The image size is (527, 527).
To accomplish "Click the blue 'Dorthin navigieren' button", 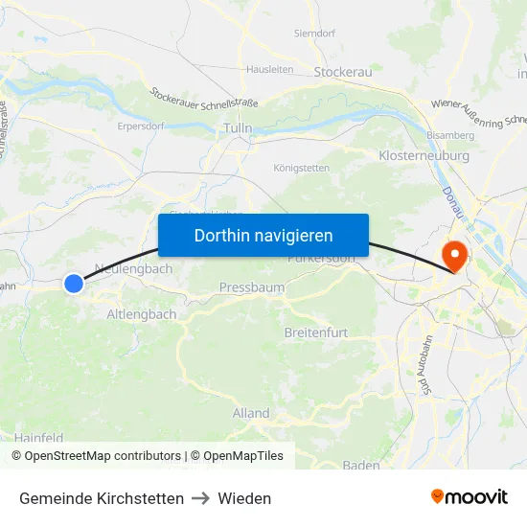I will pos(263,236).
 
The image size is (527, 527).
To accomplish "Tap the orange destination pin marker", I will pos(452,254).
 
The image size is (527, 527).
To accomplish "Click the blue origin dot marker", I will pos(74,284).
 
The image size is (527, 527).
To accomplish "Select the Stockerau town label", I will pos(343,71).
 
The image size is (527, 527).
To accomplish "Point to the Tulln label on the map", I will pos(237,128).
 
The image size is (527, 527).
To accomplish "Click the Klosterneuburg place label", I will pos(424,155).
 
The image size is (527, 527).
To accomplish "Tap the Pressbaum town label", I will pos(251,287).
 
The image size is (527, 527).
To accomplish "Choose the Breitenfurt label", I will pos(315,332).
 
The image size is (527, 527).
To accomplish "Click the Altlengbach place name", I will pos(142,314).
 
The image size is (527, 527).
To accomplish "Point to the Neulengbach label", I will pos(134,269).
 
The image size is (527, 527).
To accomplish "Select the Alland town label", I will pos(251,413).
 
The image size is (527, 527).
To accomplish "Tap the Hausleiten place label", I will pos(269,69).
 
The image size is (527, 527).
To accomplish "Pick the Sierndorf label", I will pos(314,33).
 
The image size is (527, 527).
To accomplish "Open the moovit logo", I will pos(470,497).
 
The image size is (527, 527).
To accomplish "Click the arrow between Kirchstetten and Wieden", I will pos(200,498).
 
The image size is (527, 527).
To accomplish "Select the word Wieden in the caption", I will pos(244,498).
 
